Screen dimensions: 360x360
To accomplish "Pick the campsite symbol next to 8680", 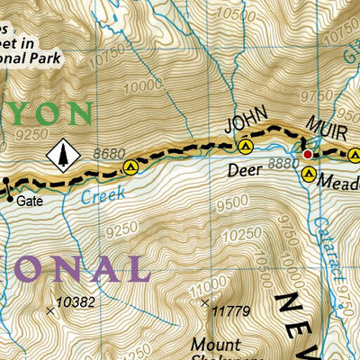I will click(131, 166).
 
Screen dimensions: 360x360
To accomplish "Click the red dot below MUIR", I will click(307, 155).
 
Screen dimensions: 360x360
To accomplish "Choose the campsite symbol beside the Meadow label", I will click(309, 176).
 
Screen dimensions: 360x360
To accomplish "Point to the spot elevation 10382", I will click(76, 301).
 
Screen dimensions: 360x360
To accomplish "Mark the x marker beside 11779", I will click(205, 303).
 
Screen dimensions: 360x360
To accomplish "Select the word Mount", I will click(215, 344).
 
